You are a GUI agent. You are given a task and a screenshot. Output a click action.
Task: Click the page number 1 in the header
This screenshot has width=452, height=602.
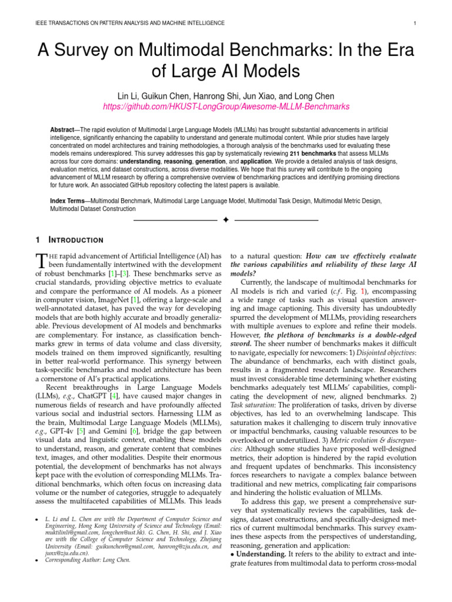(416, 23)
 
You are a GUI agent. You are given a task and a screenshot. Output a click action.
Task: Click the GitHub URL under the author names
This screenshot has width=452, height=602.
(226, 106)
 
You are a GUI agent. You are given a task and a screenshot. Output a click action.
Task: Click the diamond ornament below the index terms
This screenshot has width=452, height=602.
(226, 220)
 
